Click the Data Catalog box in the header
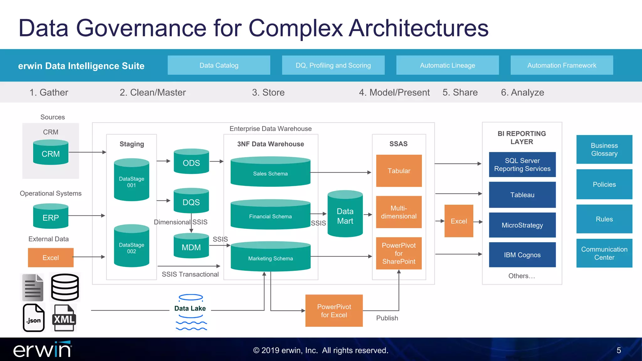click(x=219, y=65)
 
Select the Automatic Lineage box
click(x=447, y=65)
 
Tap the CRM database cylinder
click(x=51, y=153)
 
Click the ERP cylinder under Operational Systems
click(x=51, y=217)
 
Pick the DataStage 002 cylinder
click(x=132, y=246)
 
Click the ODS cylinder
click(x=191, y=162)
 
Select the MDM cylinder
click(x=191, y=246)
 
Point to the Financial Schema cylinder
click(x=270, y=215)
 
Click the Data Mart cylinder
click(x=345, y=215)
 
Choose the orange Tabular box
click(x=399, y=171)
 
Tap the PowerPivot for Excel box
click(x=334, y=311)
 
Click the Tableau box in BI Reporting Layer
click(x=522, y=195)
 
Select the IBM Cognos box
click(x=522, y=255)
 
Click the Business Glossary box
click(x=604, y=149)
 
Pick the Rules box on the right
click(x=604, y=219)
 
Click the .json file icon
click(x=34, y=318)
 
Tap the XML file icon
click(x=64, y=318)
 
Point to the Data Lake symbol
click(x=191, y=311)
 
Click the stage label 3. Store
click(x=268, y=92)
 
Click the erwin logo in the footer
click(x=42, y=350)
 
